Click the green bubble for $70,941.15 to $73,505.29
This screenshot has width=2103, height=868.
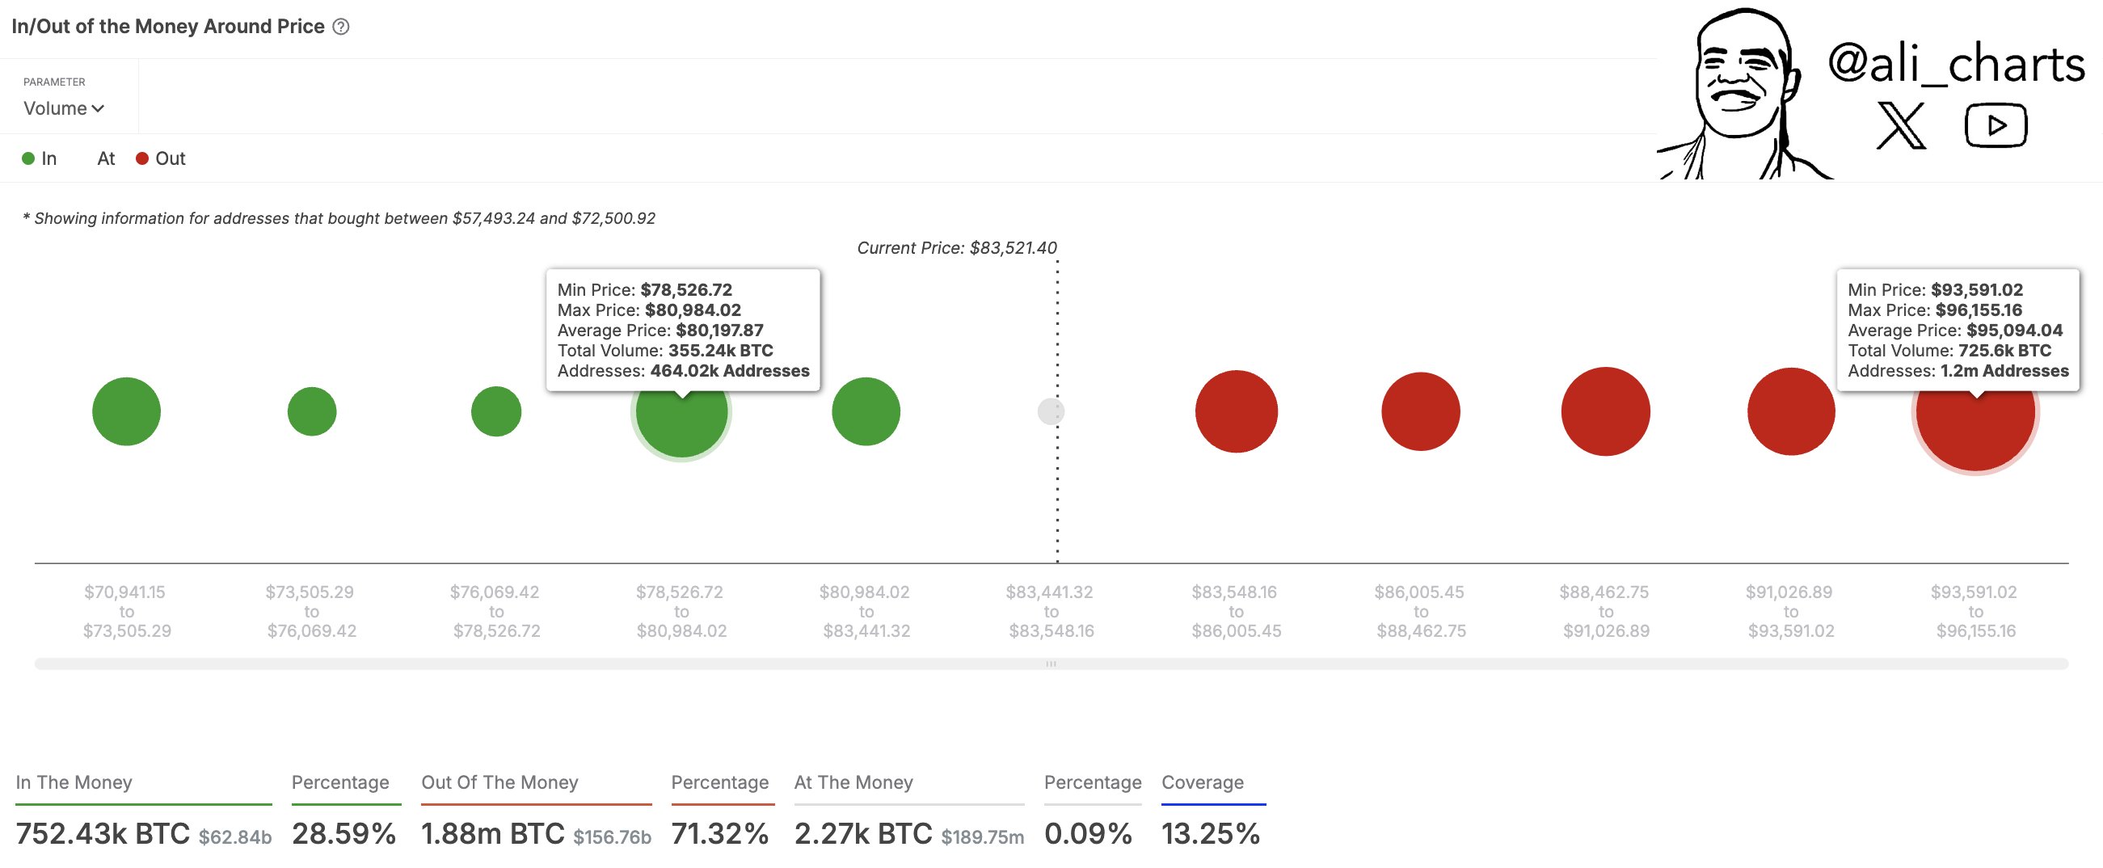click(x=127, y=411)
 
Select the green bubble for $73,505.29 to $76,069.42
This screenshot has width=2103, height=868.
click(x=312, y=411)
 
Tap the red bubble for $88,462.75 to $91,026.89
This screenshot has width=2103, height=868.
click(x=1605, y=411)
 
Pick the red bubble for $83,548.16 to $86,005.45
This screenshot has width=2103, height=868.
click(x=1236, y=411)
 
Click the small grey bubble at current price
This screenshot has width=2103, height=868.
click(x=1050, y=411)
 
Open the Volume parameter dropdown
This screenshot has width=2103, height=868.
click(x=64, y=108)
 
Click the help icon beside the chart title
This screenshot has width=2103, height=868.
click(x=341, y=27)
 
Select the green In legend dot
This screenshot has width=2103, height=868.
click(x=28, y=158)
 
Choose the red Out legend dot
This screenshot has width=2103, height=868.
click(x=142, y=158)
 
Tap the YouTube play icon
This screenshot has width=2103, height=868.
click(x=1996, y=126)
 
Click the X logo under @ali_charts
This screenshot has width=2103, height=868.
click(x=1900, y=126)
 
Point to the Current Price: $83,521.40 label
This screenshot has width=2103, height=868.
click(x=956, y=248)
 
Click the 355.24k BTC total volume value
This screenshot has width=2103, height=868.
click(x=720, y=351)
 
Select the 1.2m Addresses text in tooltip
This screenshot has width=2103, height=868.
click(x=2004, y=372)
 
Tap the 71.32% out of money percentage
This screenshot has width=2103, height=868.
click(x=719, y=834)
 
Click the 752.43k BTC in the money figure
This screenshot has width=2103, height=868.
click(x=103, y=834)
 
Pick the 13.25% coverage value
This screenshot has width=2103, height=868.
click(x=1210, y=834)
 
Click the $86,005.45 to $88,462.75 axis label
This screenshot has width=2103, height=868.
click(x=1421, y=612)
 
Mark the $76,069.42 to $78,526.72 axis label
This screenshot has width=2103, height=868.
click(x=495, y=612)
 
